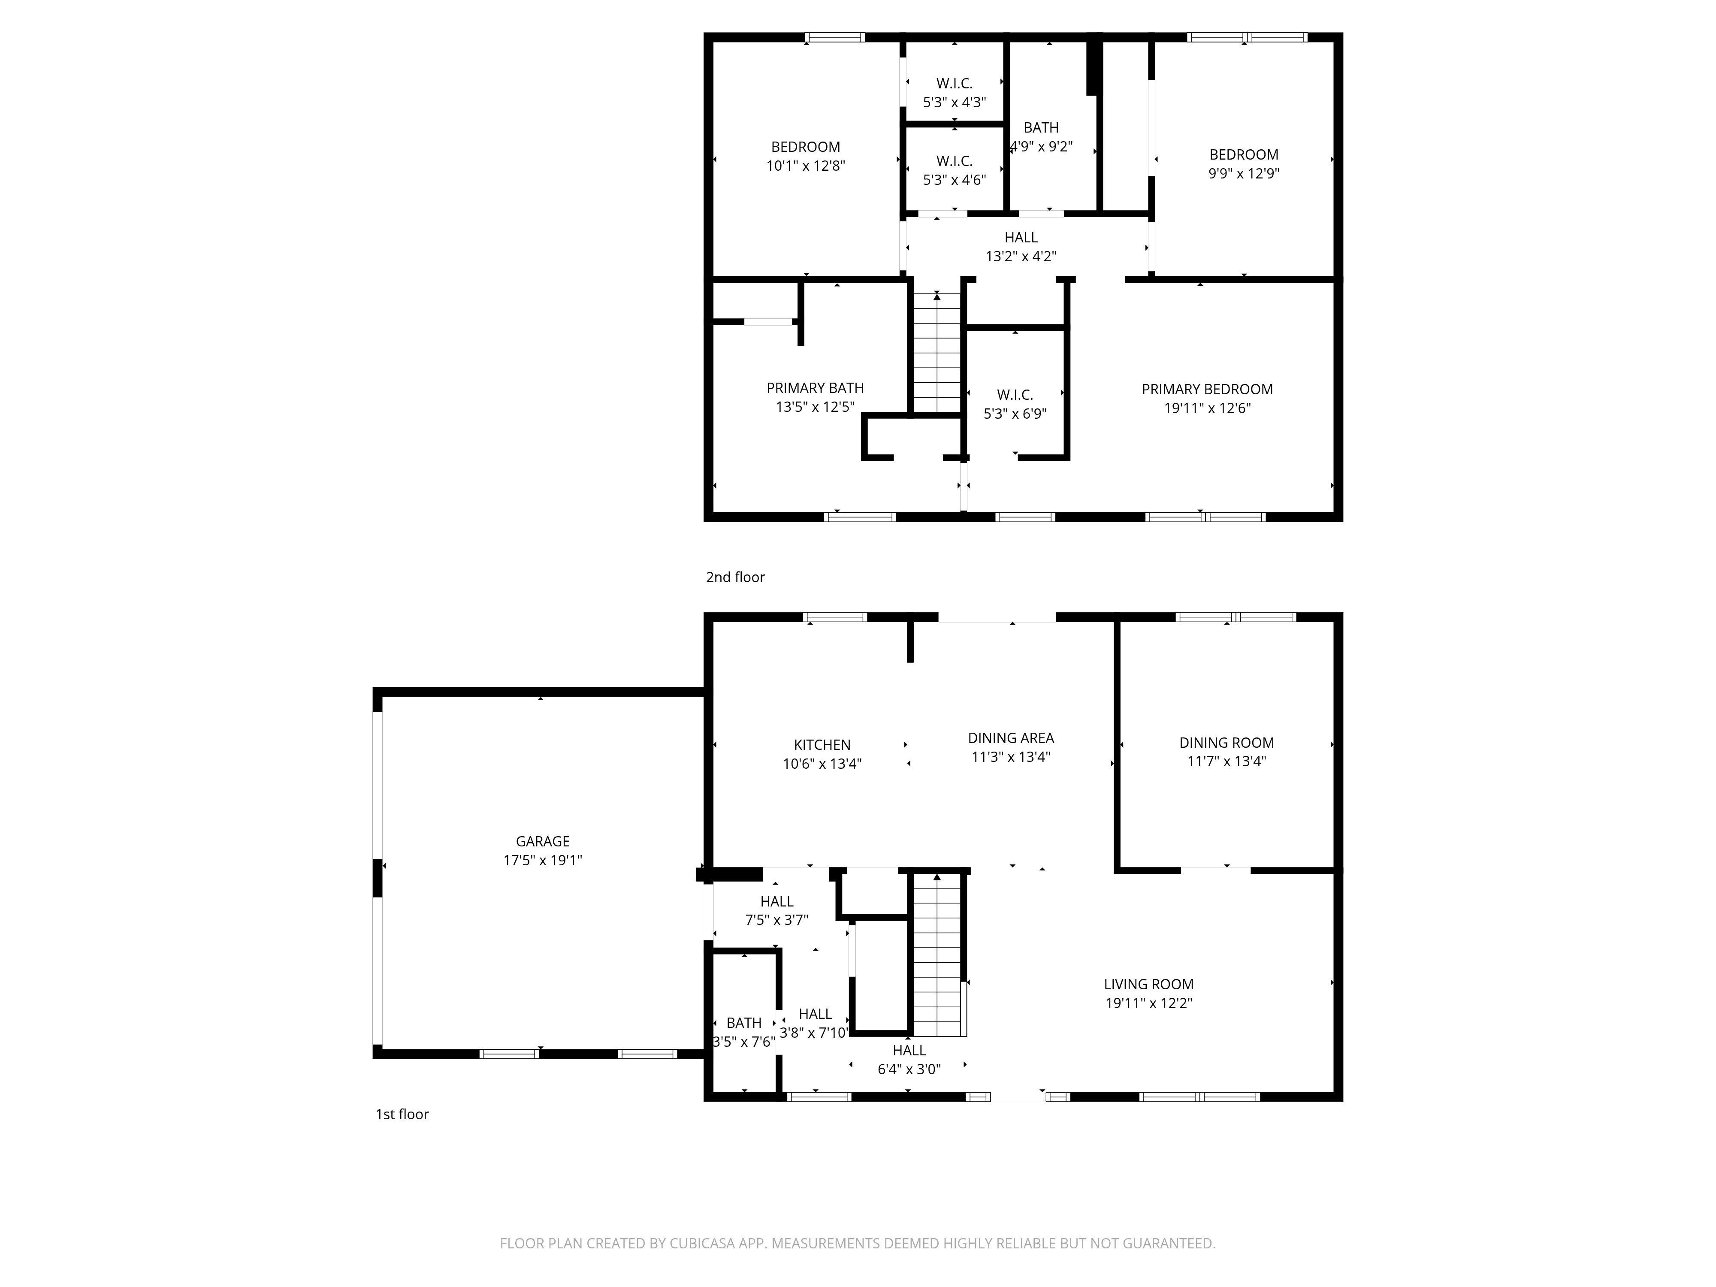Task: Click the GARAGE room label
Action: pos(542,841)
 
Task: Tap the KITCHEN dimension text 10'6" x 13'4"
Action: pos(822,763)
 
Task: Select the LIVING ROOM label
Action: pos(1148,984)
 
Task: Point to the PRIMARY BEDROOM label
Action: pos(1206,389)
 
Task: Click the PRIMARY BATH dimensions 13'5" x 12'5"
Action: pos(815,407)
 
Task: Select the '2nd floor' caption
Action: pos(734,577)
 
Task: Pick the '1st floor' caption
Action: pos(402,1114)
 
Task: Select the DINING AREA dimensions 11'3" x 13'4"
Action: pos(1010,756)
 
